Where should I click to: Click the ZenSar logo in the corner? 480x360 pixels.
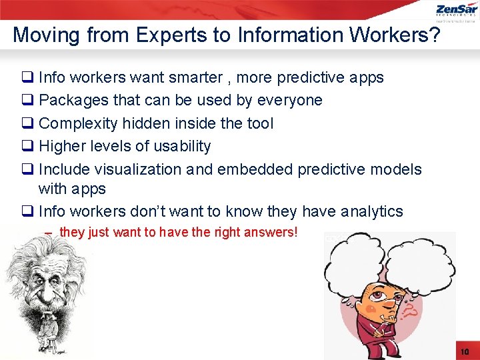tap(456, 11)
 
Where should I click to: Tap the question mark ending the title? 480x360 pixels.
tap(433, 35)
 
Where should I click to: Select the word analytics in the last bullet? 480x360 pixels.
tap(371, 212)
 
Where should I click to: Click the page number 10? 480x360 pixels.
tap(465, 351)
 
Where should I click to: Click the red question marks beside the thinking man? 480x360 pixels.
tap(409, 308)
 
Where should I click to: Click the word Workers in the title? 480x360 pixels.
tap(385, 35)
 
